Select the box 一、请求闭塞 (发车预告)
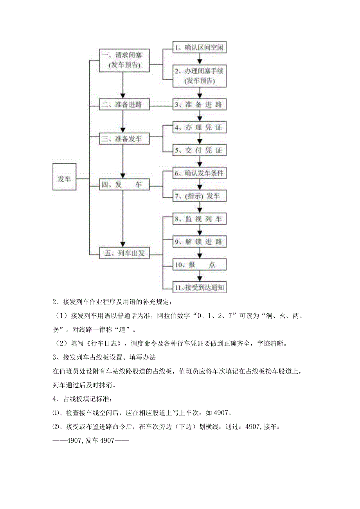(x=123, y=61)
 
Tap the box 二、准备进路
(x=123, y=104)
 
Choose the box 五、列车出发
(x=123, y=254)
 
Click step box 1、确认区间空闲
(x=200, y=48)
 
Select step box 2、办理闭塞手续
(x=200, y=76)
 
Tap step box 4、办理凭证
(x=200, y=128)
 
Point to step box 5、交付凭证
(x=200, y=150)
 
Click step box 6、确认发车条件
(x=200, y=173)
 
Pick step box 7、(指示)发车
(x=200, y=196)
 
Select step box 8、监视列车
(x=200, y=219)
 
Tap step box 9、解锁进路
(x=200, y=242)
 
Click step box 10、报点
(x=200, y=265)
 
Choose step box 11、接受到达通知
(x=200, y=288)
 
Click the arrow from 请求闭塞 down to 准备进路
(x=123, y=84)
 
